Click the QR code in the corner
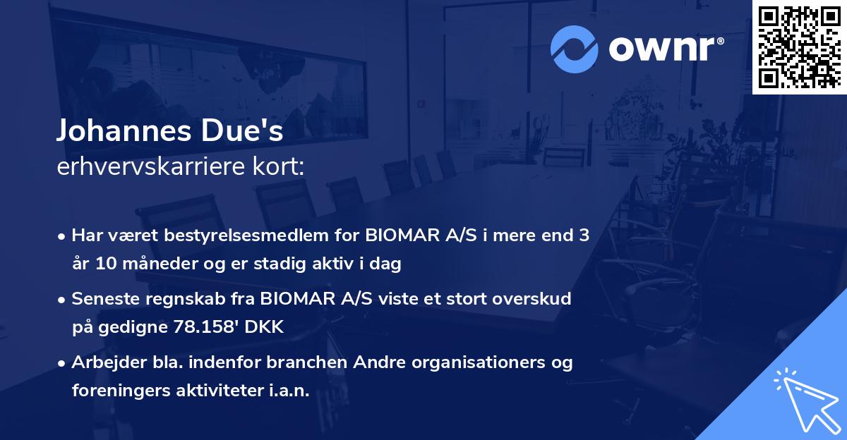coord(799,47)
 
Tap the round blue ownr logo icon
coord(575,48)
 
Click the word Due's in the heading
coord(250,131)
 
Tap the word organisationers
coord(479,362)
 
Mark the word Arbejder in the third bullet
coord(104,362)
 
